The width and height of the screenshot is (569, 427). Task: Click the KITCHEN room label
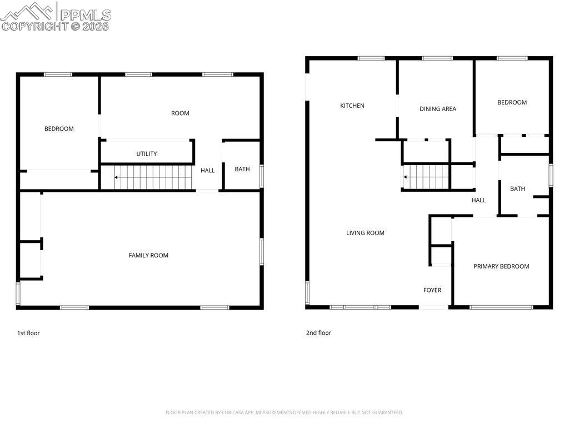(x=352, y=106)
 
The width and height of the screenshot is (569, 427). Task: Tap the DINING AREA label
(x=437, y=109)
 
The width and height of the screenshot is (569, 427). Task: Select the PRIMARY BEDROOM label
(x=501, y=266)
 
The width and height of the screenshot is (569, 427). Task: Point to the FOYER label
(x=432, y=290)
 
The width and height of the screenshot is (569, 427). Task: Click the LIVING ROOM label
(x=365, y=233)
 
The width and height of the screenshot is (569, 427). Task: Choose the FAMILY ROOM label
(x=148, y=256)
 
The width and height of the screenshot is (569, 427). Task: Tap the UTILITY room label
(x=147, y=154)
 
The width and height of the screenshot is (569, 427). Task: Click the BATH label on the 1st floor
(x=242, y=170)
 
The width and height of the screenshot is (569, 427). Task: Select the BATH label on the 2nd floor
(x=517, y=189)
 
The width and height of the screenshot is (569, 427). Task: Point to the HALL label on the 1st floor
(x=208, y=171)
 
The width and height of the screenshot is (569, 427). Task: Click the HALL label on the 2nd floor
(x=478, y=200)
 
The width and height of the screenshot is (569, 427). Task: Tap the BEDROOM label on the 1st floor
(x=59, y=129)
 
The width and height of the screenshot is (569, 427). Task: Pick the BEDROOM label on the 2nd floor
(x=512, y=102)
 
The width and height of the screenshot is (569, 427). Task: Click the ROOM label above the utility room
(x=180, y=113)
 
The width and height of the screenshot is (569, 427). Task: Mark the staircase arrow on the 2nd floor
(x=406, y=177)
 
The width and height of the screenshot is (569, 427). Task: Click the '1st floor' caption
(x=28, y=333)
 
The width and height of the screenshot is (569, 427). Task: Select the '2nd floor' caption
(x=318, y=333)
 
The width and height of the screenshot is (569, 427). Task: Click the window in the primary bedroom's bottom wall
(x=501, y=307)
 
